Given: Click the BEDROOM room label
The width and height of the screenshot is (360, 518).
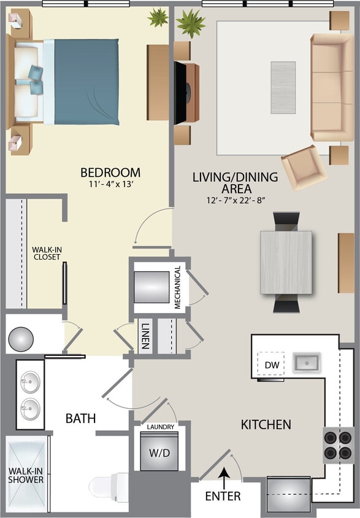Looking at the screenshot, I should click(x=110, y=172).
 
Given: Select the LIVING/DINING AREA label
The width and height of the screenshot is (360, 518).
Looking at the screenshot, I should click(x=235, y=183).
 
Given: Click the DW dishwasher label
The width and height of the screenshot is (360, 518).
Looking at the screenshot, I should click(x=272, y=365).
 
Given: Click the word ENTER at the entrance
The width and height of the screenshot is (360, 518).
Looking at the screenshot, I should click(x=223, y=496).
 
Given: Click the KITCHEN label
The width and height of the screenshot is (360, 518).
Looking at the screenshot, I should click(x=266, y=424).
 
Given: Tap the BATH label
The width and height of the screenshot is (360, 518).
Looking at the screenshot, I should click(x=81, y=419).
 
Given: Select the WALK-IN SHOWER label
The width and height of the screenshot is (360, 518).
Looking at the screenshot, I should click(x=26, y=475).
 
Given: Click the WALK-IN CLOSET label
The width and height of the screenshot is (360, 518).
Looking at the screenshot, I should click(x=47, y=253).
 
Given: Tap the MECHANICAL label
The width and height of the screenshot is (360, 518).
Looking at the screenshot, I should click(x=177, y=287).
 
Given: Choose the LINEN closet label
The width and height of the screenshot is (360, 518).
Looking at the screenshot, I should click(x=145, y=336).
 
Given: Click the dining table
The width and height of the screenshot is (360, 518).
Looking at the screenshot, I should click(x=286, y=261).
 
